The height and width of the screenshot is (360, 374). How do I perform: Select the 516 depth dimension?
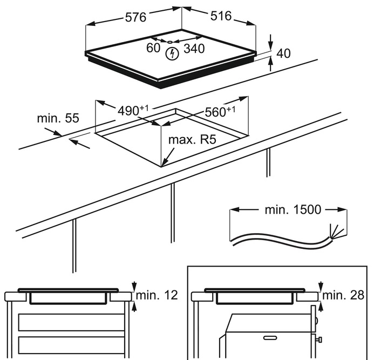(220, 16)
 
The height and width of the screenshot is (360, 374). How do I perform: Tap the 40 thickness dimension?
(284, 53)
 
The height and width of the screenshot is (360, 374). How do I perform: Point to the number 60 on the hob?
(153, 48)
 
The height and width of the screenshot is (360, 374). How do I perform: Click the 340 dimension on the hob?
(194, 49)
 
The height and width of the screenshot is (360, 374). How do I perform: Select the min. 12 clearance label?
(157, 295)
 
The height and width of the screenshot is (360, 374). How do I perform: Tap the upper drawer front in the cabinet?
(71, 322)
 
